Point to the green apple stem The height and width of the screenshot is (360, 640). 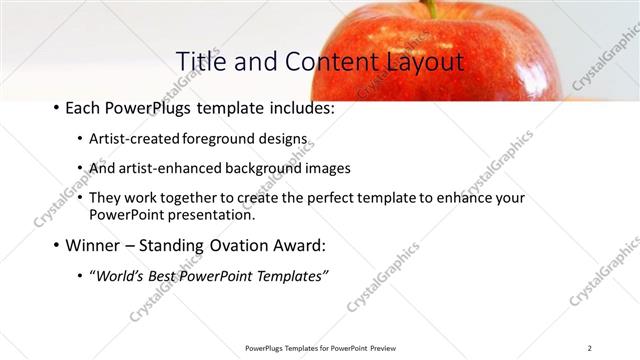pyautogui.click(x=430, y=8)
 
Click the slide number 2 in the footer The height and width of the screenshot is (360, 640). pyautogui.click(x=590, y=347)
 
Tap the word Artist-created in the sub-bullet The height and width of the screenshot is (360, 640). pyautogui.click(x=133, y=139)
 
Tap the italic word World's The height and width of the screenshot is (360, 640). pyautogui.click(x=117, y=276)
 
